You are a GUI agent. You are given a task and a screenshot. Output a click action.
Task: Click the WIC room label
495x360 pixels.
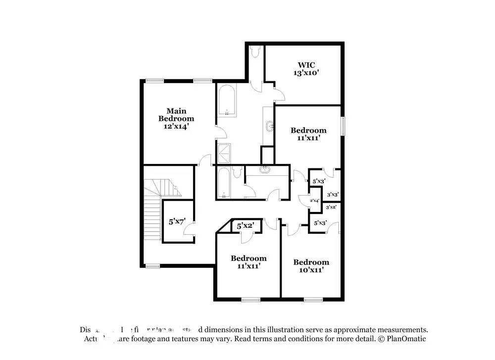pyautogui.click(x=306, y=65)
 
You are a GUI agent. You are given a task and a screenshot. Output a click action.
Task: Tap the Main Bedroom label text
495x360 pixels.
pyautogui.click(x=176, y=114)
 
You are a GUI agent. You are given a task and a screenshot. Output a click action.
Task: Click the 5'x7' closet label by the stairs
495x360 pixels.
pyautogui.click(x=177, y=222)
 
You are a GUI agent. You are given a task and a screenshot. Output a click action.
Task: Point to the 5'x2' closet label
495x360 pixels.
pyautogui.click(x=246, y=226)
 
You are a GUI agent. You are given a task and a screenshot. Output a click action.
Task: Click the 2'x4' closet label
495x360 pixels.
pyautogui.click(x=315, y=201)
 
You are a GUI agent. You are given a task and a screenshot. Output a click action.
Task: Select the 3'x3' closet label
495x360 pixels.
pyautogui.click(x=333, y=195)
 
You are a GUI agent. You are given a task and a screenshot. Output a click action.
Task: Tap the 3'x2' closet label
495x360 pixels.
pyautogui.click(x=331, y=207)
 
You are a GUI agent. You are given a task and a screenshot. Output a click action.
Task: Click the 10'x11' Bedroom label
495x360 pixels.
pyautogui.click(x=311, y=266)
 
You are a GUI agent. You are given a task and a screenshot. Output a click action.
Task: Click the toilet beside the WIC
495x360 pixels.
pyautogui.click(x=255, y=51)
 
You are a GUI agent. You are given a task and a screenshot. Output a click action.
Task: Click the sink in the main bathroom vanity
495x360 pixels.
pyautogui.click(x=269, y=126)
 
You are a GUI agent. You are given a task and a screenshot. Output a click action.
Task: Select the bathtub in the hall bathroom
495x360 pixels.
pyautogui.click(x=224, y=183)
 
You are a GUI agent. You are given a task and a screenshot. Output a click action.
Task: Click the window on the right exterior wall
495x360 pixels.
pyautogui.click(x=343, y=125)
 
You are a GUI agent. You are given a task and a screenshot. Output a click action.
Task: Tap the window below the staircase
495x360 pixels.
pyautogui.click(x=152, y=266)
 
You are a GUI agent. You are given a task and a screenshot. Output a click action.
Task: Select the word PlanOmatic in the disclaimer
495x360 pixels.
pyautogui.click(x=406, y=339)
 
